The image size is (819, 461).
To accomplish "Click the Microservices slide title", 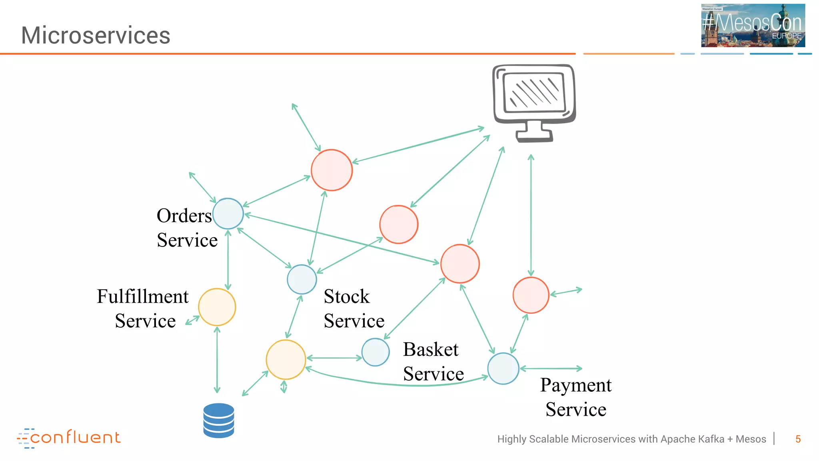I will click(x=96, y=35).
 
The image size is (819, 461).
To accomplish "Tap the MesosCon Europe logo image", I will click(x=753, y=25).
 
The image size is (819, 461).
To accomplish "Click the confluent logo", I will click(x=69, y=438).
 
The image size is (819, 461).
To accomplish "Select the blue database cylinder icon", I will click(x=218, y=420).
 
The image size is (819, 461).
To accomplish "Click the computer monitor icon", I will click(x=534, y=102).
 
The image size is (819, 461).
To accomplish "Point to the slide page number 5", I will click(x=798, y=439).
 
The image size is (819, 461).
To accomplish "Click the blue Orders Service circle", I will click(x=228, y=214).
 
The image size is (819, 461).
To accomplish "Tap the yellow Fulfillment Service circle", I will click(x=217, y=307).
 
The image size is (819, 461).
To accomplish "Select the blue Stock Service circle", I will click(x=302, y=279).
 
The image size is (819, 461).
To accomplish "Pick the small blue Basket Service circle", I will click(x=375, y=352).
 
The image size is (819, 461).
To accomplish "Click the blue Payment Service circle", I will click(x=503, y=369).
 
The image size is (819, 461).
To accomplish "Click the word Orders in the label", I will click(x=184, y=216).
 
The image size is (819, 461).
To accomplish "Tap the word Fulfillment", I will click(x=143, y=297).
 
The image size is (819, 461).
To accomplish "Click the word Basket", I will click(x=430, y=349).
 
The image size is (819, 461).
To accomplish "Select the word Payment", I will click(x=575, y=385).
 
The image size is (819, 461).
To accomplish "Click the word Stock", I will click(x=346, y=297).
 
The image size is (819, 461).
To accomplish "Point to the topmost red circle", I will click(x=332, y=170).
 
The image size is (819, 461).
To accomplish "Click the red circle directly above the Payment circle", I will click(x=531, y=295).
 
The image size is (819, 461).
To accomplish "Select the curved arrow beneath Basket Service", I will click(x=400, y=383).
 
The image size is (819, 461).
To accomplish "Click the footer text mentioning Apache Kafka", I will click(x=631, y=439).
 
